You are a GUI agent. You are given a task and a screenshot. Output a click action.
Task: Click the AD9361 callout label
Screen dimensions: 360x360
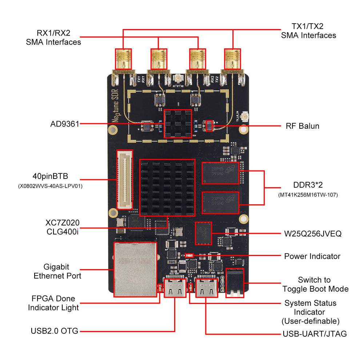[64, 124]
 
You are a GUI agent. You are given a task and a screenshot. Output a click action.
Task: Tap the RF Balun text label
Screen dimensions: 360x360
[302, 126]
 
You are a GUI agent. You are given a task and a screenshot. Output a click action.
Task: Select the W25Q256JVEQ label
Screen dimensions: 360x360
[312, 233]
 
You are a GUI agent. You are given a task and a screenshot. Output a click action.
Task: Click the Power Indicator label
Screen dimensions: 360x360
[312, 256]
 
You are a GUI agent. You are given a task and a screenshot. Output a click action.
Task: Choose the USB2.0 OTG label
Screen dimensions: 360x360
[54, 331]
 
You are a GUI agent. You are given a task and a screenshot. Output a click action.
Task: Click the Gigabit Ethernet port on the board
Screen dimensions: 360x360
[135, 269]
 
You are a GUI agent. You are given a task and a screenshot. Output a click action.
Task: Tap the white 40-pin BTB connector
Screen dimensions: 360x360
[124, 179]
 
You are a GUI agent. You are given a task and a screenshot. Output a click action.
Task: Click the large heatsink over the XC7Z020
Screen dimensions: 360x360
[168, 187]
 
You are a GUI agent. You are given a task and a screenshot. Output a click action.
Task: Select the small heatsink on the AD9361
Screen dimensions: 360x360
[177, 124]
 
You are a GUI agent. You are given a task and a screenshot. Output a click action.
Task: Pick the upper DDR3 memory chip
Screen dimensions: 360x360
[220, 173]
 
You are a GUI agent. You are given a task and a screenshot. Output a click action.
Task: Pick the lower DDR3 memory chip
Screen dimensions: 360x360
[220, 202]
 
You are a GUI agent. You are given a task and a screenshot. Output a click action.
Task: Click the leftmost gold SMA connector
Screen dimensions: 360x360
[123, 59]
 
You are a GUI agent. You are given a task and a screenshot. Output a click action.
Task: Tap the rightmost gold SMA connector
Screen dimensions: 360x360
[232, 59]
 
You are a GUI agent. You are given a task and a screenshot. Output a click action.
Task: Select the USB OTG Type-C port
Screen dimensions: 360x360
[175, 287]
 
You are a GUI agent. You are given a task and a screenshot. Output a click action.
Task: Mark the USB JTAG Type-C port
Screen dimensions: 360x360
[206, 287]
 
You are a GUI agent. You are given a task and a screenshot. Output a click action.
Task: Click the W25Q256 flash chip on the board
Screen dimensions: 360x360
[203, 233]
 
